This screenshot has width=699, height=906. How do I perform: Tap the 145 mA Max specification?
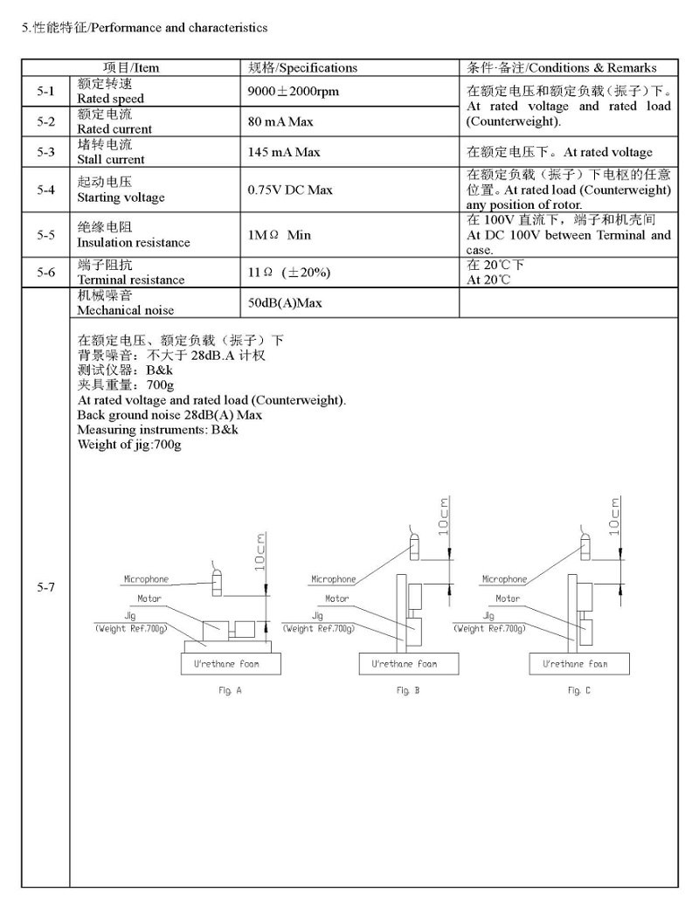pyautogui.click(x=284, y=152)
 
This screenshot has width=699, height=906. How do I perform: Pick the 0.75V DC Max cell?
pyautogui.click(x=290, y=190)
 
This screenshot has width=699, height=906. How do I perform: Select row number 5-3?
pyautogui.click(x=45, y=152)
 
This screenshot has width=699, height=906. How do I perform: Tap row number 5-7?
pyautogui.click(x=45, y=587)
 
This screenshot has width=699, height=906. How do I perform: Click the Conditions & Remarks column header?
pyautogui.click(x=562, y=67)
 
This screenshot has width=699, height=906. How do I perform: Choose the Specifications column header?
pyautogui.click(x=302, y=67)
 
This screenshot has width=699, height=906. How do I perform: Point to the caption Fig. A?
pyautogui.click(x=230, y=691)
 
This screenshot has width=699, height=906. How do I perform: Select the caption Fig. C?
pyautogui.click(x=578, y=691)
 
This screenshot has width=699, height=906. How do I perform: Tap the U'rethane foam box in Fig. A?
pyautogui.click(x=225, y=665)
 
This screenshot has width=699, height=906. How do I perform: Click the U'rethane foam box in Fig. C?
pyautogui.click(x=574, y=665)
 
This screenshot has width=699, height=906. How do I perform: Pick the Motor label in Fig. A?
pyautogui.click(x=149, y=599)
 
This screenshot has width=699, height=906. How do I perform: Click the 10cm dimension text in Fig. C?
pyautogui.click(x=616, y=515)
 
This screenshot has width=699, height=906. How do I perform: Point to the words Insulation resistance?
pyautogui.click(x=133, y=242)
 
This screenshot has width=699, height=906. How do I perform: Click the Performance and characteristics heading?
pyautogui.click(x=144, y=28)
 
